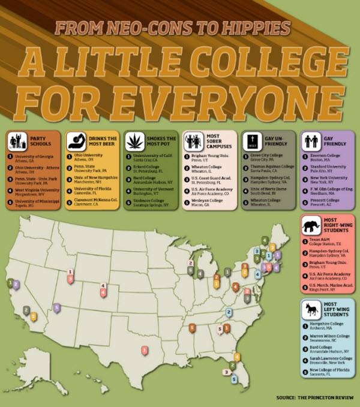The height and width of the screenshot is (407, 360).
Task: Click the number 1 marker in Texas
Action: pyautogui.click(x=144, y=350)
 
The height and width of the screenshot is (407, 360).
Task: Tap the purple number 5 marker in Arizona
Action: pyautogui.click(x=57, y=308)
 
